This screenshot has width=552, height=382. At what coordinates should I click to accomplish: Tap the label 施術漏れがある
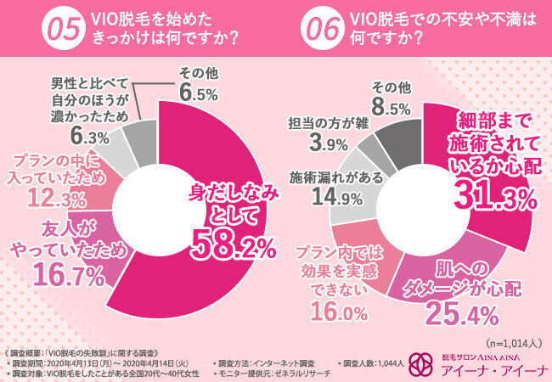point(327,178)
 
